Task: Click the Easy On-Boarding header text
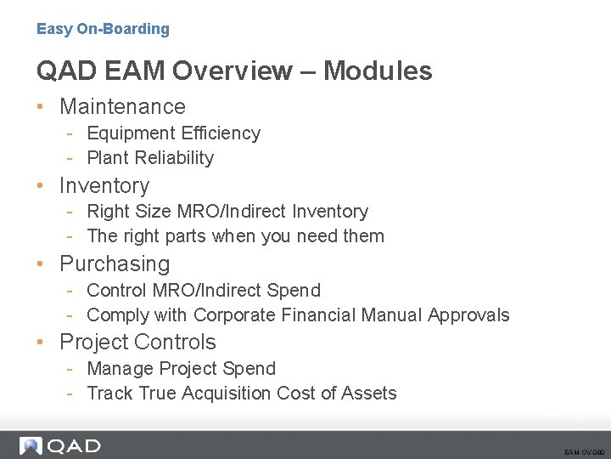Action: click(103, 29)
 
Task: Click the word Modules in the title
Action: click(378, 71)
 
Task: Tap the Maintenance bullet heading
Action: click(122, 106)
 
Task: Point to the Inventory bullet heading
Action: click(104, 185)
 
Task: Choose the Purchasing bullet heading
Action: click(115, 263)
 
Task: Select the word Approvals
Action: click(468, 315)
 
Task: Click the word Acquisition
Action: click(224, 394)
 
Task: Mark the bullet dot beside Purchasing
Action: click(41, 264)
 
